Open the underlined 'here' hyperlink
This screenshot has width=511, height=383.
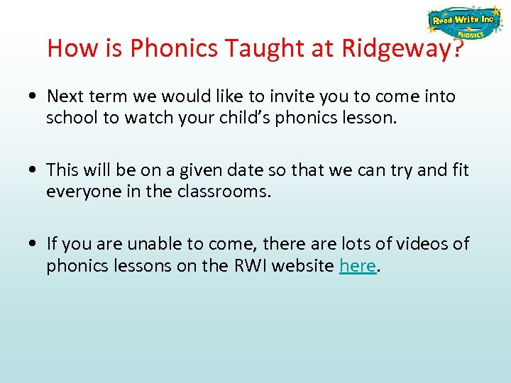coord(357,265)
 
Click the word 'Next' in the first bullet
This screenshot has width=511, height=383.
coord(65,96)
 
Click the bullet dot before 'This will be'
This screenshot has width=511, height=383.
coord(34,171)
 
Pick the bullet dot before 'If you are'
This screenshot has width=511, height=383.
coord(34,245)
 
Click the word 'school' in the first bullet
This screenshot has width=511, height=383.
coord(73,118)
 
